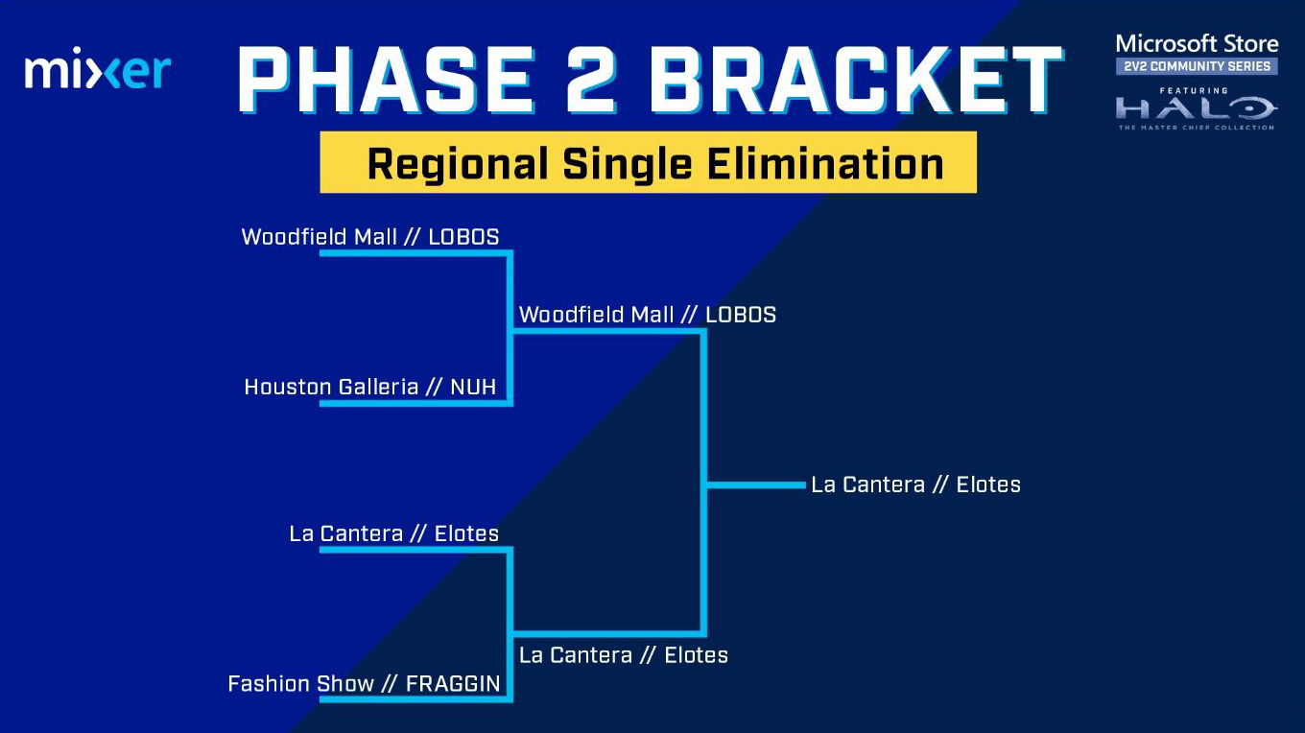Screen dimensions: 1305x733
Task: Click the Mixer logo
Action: pyautogui.click(x=98, y=68)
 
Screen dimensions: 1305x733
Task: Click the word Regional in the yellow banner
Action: pyautogui.click(x=458, y=165)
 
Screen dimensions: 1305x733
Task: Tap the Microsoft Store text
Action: pyautogui.click(x=1197, y=44)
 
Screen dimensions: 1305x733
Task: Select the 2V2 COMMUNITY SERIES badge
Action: pyautogui.click(x=1197, y=66)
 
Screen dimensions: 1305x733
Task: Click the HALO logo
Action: pyautogui.click(x=1197, y=109)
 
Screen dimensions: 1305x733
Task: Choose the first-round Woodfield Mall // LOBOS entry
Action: pyautogui.click(x=370, y=237)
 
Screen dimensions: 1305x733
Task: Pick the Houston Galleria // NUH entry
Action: pyautogui.click(x=370, y=387)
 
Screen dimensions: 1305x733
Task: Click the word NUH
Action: pyautogui.click(x=473, y=387)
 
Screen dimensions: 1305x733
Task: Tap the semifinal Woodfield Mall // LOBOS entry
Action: pyautogui.click(x=648, y=315)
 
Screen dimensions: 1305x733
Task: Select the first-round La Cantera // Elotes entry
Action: pyautogui.click(x=393, y=533)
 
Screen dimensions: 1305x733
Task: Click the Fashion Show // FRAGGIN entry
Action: pyautogui.click(x=364, y=683)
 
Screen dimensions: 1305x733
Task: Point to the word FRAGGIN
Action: pyautogui.click(x=453, y=683)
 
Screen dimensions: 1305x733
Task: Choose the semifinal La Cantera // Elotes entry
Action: pyautogui.click(x=624, y=655)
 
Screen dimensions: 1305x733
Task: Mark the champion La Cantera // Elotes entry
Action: pyautogui.click(x=915, y=485)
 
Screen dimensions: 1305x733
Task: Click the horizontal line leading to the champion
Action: pyautogui.click(x=756, y=485)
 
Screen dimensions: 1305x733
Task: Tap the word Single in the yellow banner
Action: pyautogui.click(x=627, y=165)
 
